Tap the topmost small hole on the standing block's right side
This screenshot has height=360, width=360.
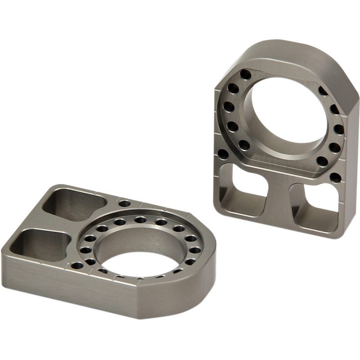323,90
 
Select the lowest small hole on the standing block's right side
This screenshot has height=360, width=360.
335,176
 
